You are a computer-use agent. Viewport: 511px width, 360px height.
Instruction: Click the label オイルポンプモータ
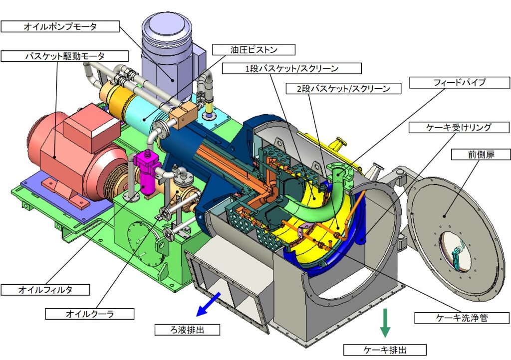pyautogui.click(x=60, y=26)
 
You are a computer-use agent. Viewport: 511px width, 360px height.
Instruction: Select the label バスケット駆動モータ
pyautogui.click(x=64, y=56)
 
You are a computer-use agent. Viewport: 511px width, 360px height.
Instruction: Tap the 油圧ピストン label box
pyautogui.click(x=254, y=49)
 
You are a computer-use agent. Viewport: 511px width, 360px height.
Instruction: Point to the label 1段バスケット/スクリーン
pyautogui.click(x=291, y=68)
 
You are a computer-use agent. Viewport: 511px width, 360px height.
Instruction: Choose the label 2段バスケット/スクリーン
pyautogui.click(x=343, y=89)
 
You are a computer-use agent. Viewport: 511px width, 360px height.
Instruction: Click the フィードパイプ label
pyautogui.click(x=460, y=82)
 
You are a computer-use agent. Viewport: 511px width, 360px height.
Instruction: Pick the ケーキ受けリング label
pyautogui.click(x=459, y=127)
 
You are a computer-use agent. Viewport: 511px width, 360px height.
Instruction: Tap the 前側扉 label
pyautogui.click(x=481, y=154)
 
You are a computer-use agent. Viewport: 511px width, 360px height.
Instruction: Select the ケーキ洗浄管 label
pyautogui.click(x=462, y=318)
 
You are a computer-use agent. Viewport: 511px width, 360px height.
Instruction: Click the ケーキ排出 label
pyautogui.click(x=385, y=350)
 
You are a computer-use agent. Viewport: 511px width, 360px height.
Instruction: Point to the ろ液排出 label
pyautogui.click(x=187, y=330)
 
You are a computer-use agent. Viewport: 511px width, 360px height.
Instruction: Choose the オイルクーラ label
pyautogui.click(x=90, y=314)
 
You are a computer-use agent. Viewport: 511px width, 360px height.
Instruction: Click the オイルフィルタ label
pyautogui.click(x=45, y=290)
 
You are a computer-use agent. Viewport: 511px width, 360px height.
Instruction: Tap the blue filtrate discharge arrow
pyautogui.click(x=208, y=304)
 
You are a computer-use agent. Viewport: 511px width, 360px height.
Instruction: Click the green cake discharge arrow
pyautogui.click(x=385, y=323)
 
